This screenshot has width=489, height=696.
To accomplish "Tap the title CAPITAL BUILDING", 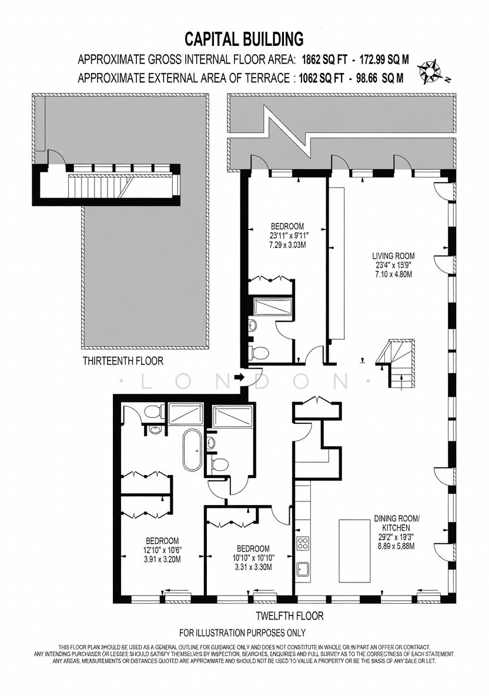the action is [x=244, y=39].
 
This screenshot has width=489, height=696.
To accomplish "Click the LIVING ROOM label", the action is [x=393, y=256].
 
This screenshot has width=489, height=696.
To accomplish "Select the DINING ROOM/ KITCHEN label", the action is [x=396, y=523].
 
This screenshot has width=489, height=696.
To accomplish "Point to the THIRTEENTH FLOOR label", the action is [x=123, y=361].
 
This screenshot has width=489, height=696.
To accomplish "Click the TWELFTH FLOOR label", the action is [x=290, y=615].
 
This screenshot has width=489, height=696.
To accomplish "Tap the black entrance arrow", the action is [x=239, y=378].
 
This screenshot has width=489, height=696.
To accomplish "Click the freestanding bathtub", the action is [x=192, y=450].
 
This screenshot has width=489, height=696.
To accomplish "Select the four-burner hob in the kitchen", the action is [x=303, y=543].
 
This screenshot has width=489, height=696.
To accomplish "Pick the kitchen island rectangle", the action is [x=354, y=551].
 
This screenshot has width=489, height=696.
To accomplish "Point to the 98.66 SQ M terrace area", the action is [x=377, y=78].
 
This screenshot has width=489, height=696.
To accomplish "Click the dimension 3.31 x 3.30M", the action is [x=253, y=567].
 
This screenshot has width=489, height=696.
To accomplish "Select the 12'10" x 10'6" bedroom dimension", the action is [x=162, y=550].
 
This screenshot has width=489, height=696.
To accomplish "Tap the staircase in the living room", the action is [x=396, y=363].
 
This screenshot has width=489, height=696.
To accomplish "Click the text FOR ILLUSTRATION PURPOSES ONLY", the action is [x=242, y=633].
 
